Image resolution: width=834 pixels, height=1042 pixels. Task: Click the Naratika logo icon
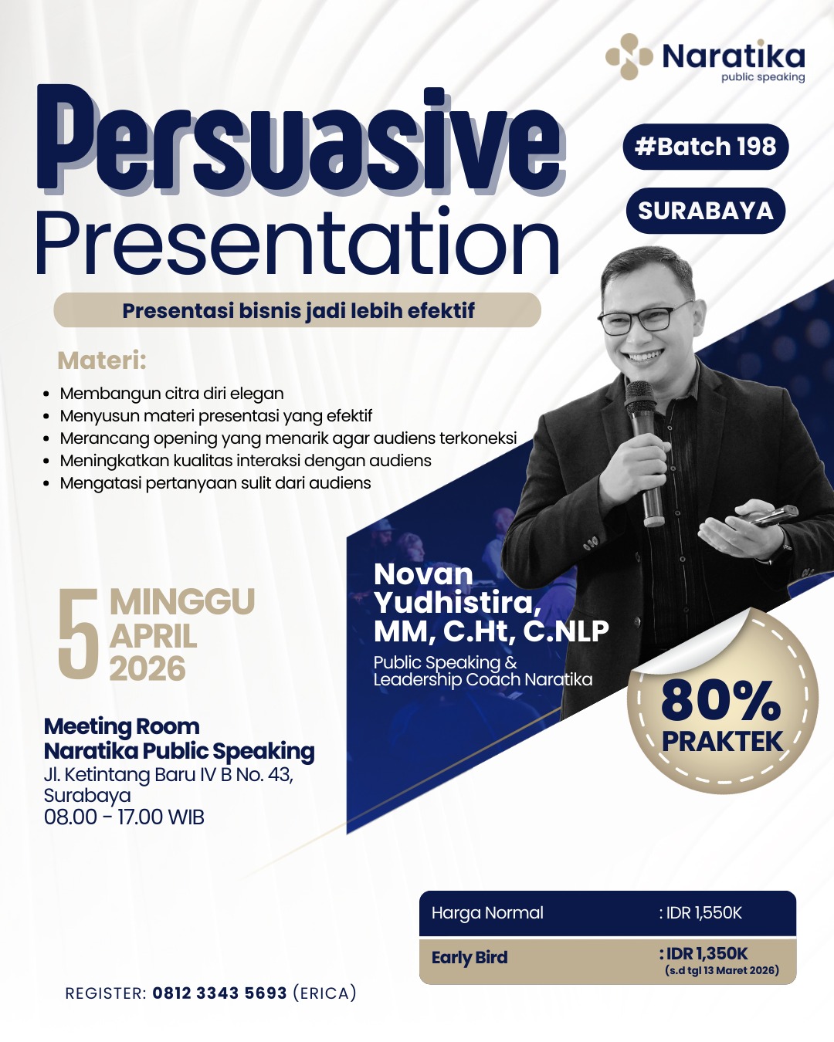629,56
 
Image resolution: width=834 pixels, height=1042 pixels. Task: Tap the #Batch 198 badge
706,147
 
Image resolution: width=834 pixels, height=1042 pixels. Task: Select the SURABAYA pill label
706,211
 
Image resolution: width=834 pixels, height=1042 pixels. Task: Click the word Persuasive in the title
301,140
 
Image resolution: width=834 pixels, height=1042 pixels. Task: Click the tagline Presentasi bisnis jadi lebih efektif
298,310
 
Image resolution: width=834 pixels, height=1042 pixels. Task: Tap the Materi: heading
102,360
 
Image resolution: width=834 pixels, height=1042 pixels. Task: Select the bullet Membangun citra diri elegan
171,393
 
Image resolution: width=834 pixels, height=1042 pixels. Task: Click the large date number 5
78,634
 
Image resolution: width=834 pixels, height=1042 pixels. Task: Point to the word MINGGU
182,601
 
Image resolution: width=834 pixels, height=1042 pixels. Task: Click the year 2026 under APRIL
147,668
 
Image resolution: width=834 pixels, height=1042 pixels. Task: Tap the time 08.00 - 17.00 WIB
124,817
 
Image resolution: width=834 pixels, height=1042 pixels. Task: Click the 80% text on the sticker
721,702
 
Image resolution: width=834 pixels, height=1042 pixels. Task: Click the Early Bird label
470,957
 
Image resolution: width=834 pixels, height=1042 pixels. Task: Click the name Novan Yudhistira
457,588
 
